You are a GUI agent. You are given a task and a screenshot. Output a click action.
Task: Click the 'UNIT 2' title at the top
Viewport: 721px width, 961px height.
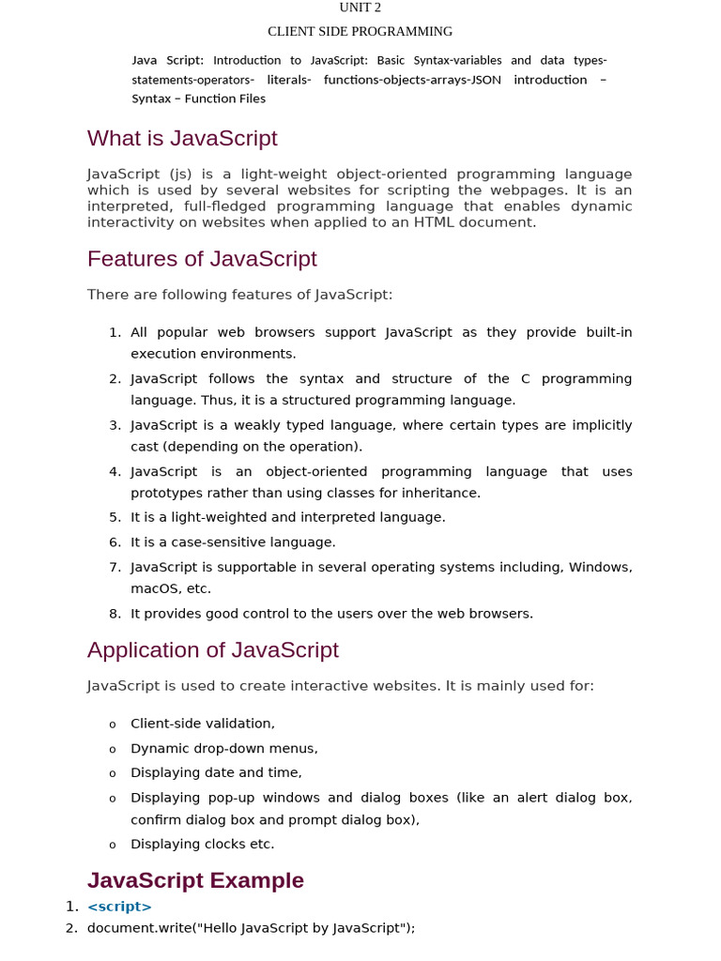[360, 8]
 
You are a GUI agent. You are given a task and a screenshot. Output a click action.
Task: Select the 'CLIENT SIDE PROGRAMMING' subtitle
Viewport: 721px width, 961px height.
[360, 32]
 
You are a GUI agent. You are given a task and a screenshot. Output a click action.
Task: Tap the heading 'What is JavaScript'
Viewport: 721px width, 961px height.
[182, 139]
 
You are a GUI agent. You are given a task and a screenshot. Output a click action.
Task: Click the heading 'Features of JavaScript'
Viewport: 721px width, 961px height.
[202, 259]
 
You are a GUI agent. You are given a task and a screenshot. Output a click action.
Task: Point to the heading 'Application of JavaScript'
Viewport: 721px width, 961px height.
[212, 650]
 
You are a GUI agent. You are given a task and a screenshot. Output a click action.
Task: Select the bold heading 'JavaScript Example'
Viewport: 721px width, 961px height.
[195, 880]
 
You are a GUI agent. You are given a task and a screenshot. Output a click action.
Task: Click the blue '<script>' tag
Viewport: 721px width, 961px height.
[119, 907]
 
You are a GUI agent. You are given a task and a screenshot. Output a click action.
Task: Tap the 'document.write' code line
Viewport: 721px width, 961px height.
[251, 928]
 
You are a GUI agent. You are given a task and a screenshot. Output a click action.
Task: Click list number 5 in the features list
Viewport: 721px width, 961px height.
[115, 517]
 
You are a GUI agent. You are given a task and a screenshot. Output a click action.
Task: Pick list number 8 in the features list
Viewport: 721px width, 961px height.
[115, 614]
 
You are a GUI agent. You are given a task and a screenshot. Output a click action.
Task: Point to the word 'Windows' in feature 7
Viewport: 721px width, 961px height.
[600, 567]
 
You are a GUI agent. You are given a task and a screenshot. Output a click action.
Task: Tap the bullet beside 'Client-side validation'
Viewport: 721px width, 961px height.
[113, 725]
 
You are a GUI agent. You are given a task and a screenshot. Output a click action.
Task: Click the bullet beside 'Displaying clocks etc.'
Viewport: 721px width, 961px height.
[113, 845]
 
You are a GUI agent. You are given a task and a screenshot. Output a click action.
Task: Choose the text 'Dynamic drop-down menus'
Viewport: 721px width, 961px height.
[223, 749]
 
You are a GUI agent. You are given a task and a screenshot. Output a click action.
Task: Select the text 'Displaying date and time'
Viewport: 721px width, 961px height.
[215, 773]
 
